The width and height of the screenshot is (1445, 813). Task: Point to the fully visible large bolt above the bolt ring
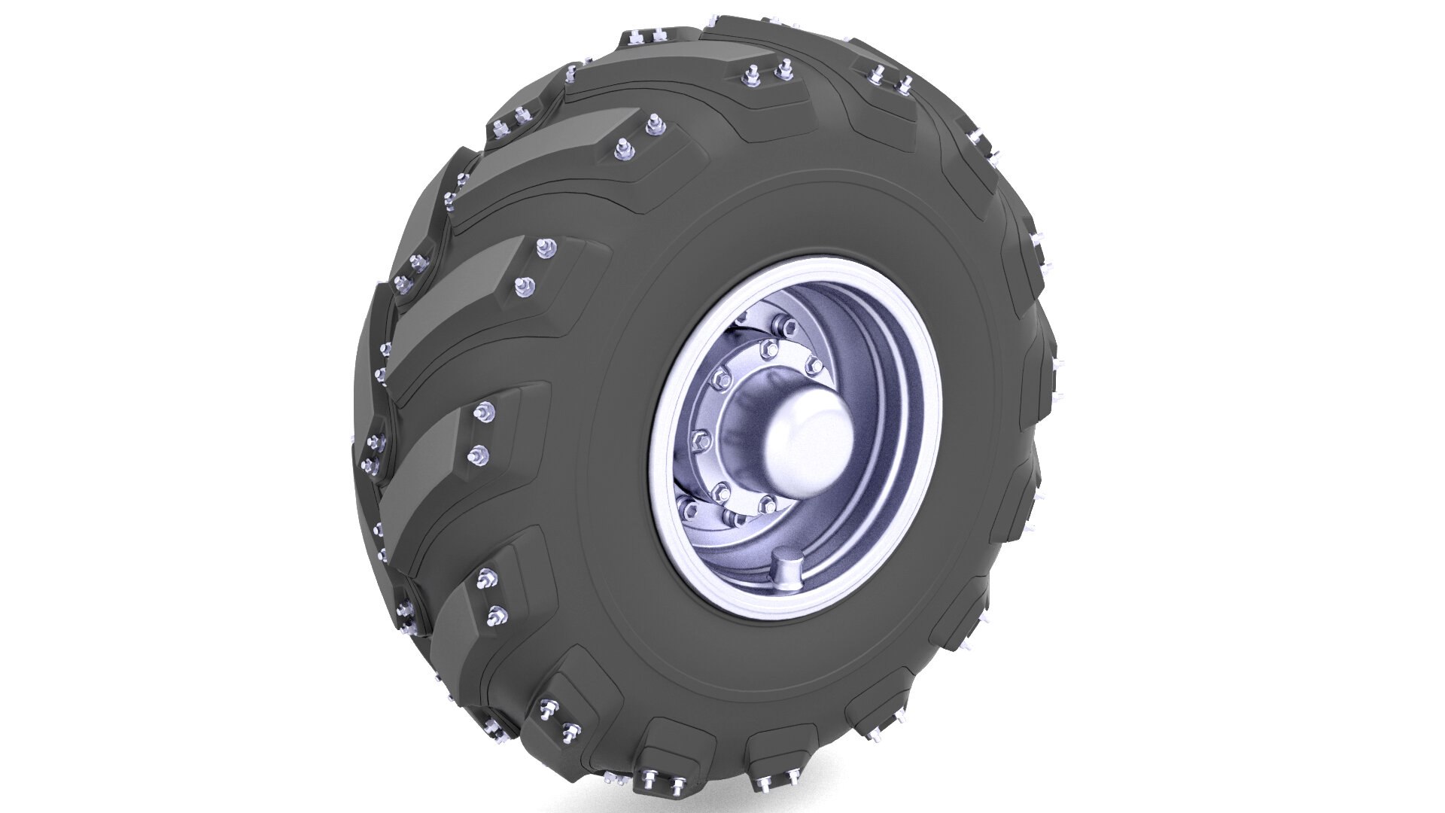pyautogui.click(x=788, y=326)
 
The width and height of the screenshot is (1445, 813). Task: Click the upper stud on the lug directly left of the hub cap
pyautogui.click(x=484, y=412)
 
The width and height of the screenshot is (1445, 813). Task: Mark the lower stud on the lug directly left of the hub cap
pyautogui.click(x=476, y=454)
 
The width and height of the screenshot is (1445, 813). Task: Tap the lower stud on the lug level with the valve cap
pyautogui.click(x=494, y=617)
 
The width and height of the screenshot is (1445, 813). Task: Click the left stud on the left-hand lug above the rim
pyautogui.click(x=750, y=74)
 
